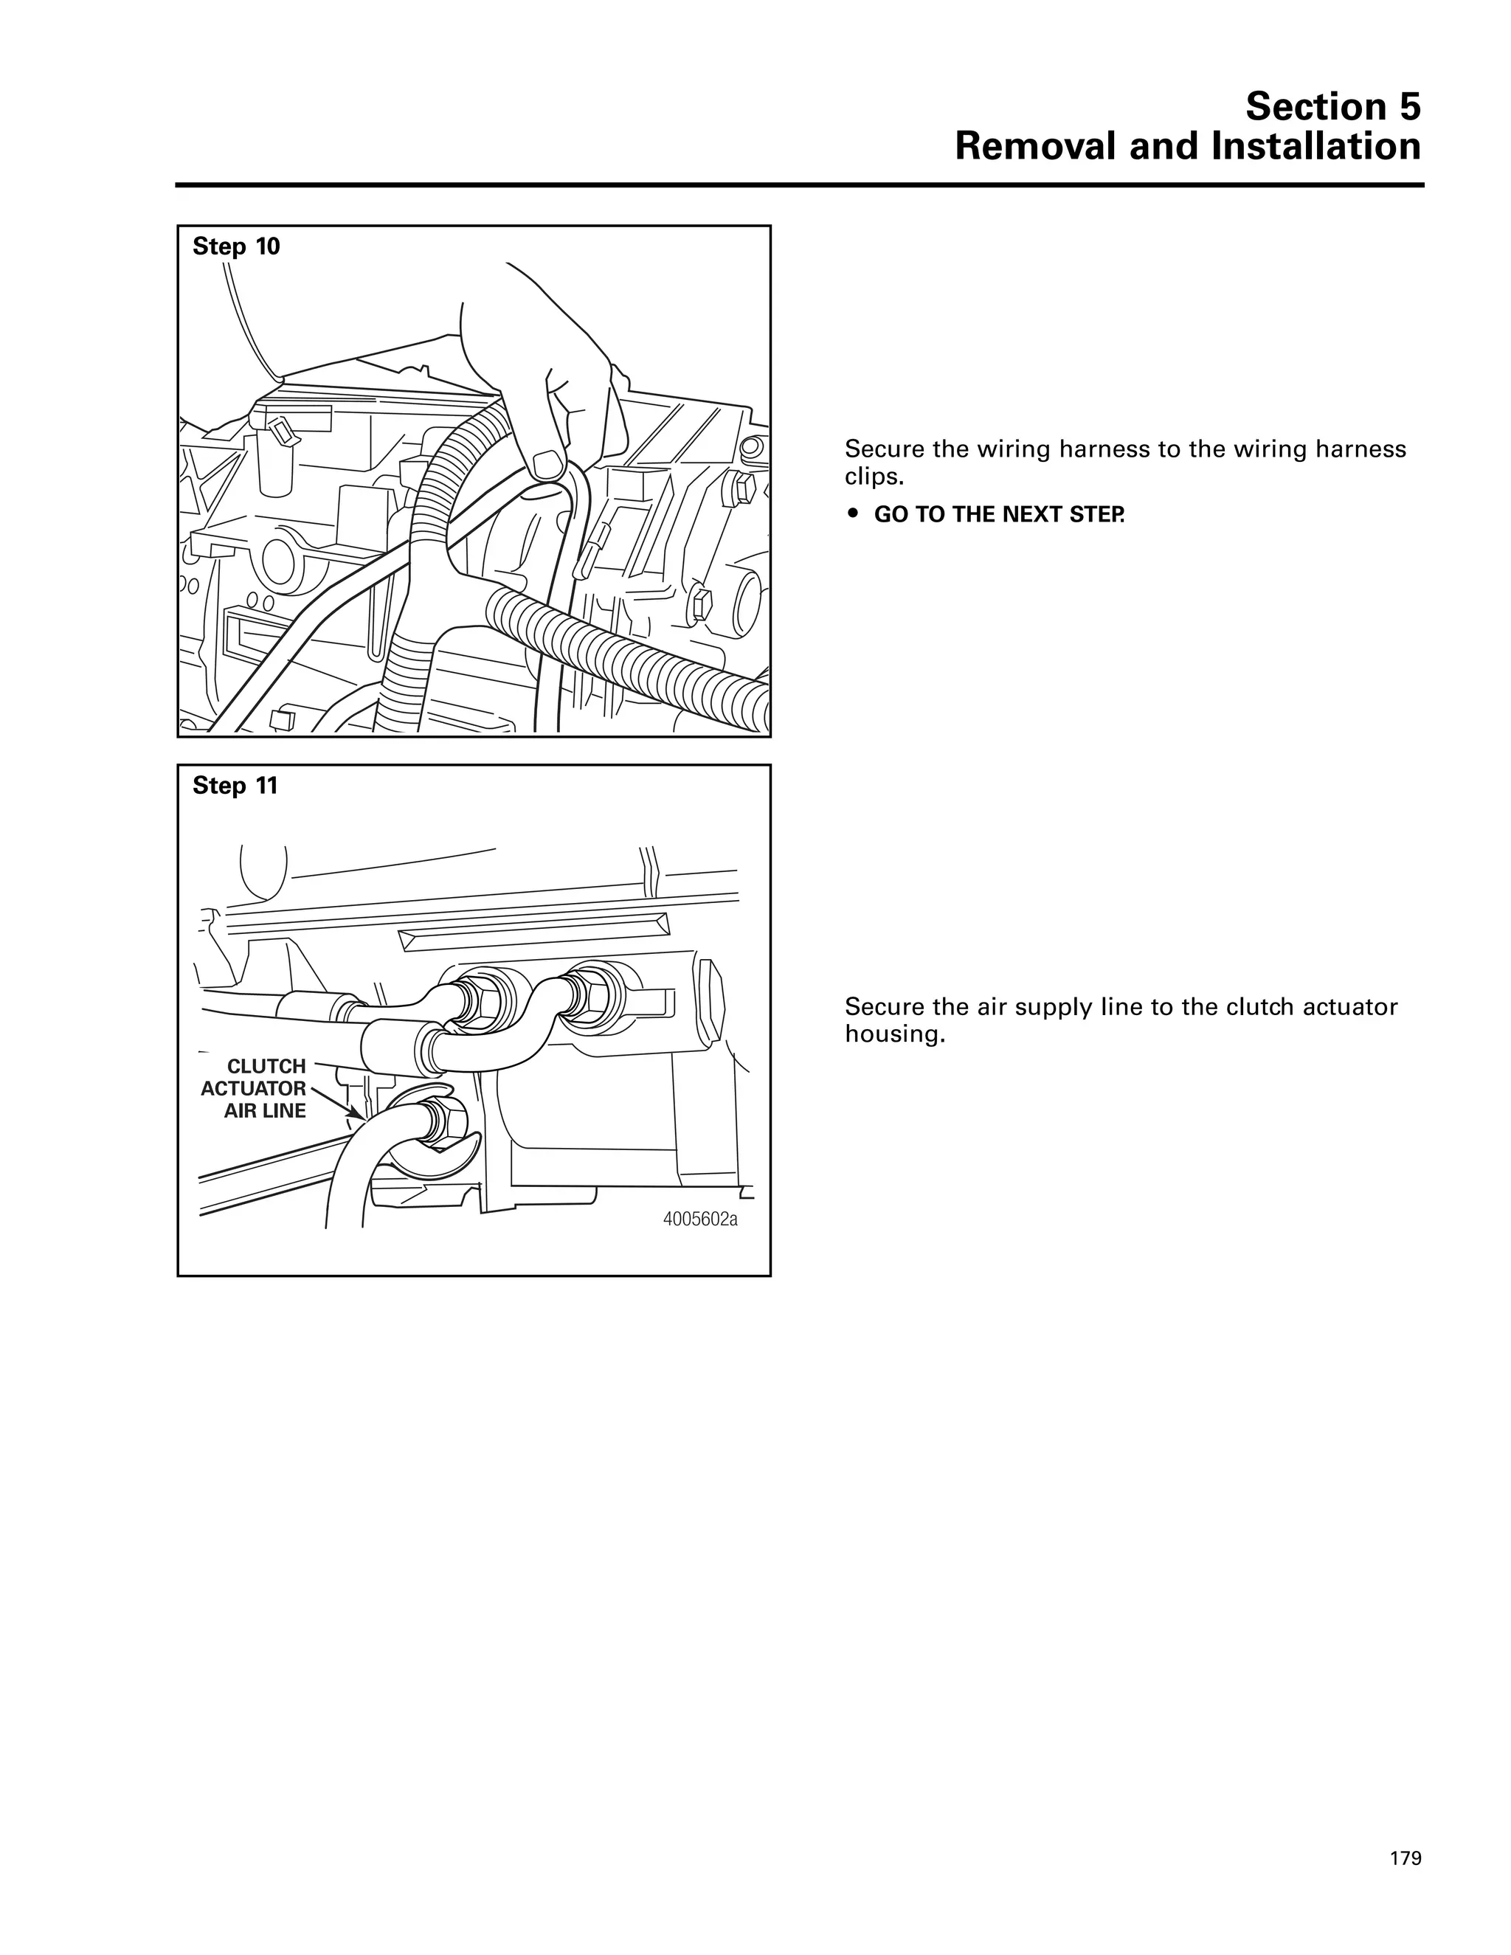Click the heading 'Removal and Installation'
click(x=1187, y=147)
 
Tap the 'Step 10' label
click(x=236, y=246)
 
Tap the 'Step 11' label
click(x=235, y=786)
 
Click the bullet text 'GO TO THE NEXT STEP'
click(x=998, y=515)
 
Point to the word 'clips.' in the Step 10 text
click(x=874, y=477)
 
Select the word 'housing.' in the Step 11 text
click(x=895, y=1035)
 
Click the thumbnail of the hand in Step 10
click(x=546, y=465)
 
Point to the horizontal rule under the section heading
click(x=798, y=185)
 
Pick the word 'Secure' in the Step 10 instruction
click(x=881, y=449)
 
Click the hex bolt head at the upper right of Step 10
click(x=744, y=488)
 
